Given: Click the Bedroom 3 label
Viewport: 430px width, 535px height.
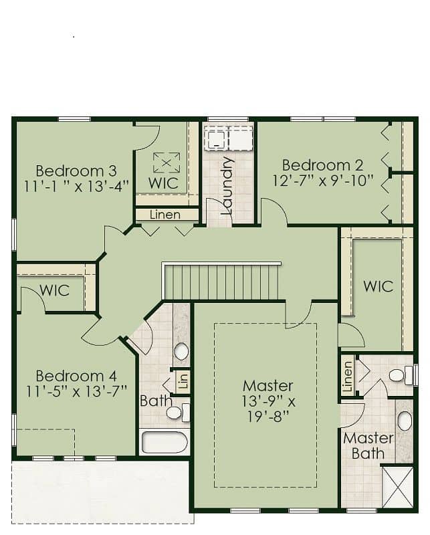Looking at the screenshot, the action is point(76,171).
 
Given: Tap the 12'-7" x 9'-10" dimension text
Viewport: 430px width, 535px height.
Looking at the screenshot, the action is point(322,180).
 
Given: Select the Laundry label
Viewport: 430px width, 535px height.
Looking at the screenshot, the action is point(226,185).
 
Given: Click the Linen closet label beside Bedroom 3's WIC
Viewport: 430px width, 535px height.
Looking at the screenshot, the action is point(165,215).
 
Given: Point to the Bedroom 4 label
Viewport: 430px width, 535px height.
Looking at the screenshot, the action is point(76,376).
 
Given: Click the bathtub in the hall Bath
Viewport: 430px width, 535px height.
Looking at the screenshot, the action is point(165,442).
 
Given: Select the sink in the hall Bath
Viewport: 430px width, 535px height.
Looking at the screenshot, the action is point(181,350).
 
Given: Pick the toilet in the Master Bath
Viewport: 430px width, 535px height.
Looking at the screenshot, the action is point(401,375).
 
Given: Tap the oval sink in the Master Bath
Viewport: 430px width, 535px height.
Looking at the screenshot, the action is point(405,421).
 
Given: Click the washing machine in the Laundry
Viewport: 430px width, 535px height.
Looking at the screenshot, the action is point(216,138).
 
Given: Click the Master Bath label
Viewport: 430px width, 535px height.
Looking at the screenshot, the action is point(368,445).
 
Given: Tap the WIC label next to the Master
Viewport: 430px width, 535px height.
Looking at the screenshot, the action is point(378,286).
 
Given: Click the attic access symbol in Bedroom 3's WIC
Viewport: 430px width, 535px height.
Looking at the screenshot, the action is point(167,163).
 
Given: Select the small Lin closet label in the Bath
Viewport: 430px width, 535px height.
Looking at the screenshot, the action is point(184,381).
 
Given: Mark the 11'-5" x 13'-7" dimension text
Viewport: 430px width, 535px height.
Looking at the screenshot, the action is point(77,391).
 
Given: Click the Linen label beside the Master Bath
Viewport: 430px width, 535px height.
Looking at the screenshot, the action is point(348,377).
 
